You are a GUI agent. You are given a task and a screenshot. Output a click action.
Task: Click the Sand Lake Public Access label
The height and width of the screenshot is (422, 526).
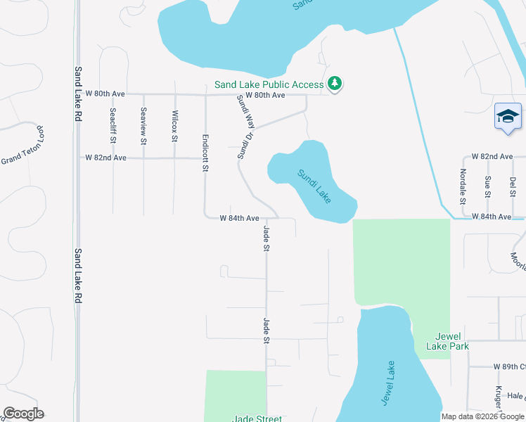click(269, 84)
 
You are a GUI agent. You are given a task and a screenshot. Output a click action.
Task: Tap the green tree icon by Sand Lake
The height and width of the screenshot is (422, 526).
click(335, 84)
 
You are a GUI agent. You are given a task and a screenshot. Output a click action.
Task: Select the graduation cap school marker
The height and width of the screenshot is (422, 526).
click(508, 117)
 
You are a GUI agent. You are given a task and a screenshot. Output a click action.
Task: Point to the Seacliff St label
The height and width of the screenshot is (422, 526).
click(113, 126)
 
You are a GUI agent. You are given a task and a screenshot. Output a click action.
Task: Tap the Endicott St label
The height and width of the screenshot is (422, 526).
click(205, 153)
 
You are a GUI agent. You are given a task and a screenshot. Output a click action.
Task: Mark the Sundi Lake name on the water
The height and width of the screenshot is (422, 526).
click(314, 186)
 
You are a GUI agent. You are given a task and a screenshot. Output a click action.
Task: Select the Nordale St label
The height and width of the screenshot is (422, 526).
click(463, 186)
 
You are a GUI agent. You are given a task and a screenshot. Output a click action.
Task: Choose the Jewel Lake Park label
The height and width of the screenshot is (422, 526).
click(447, 341)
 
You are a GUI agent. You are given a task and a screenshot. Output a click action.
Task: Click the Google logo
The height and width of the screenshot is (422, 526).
click(23, 414)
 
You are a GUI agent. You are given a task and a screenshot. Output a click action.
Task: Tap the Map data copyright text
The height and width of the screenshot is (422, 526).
click(482, 416)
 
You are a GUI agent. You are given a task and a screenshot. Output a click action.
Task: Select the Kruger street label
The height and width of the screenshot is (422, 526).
click(498, 399)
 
